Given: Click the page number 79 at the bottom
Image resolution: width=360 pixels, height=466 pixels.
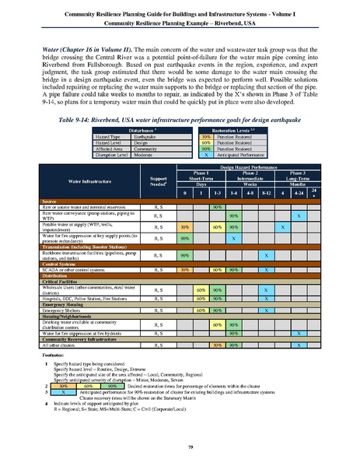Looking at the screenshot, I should [180, 446].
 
